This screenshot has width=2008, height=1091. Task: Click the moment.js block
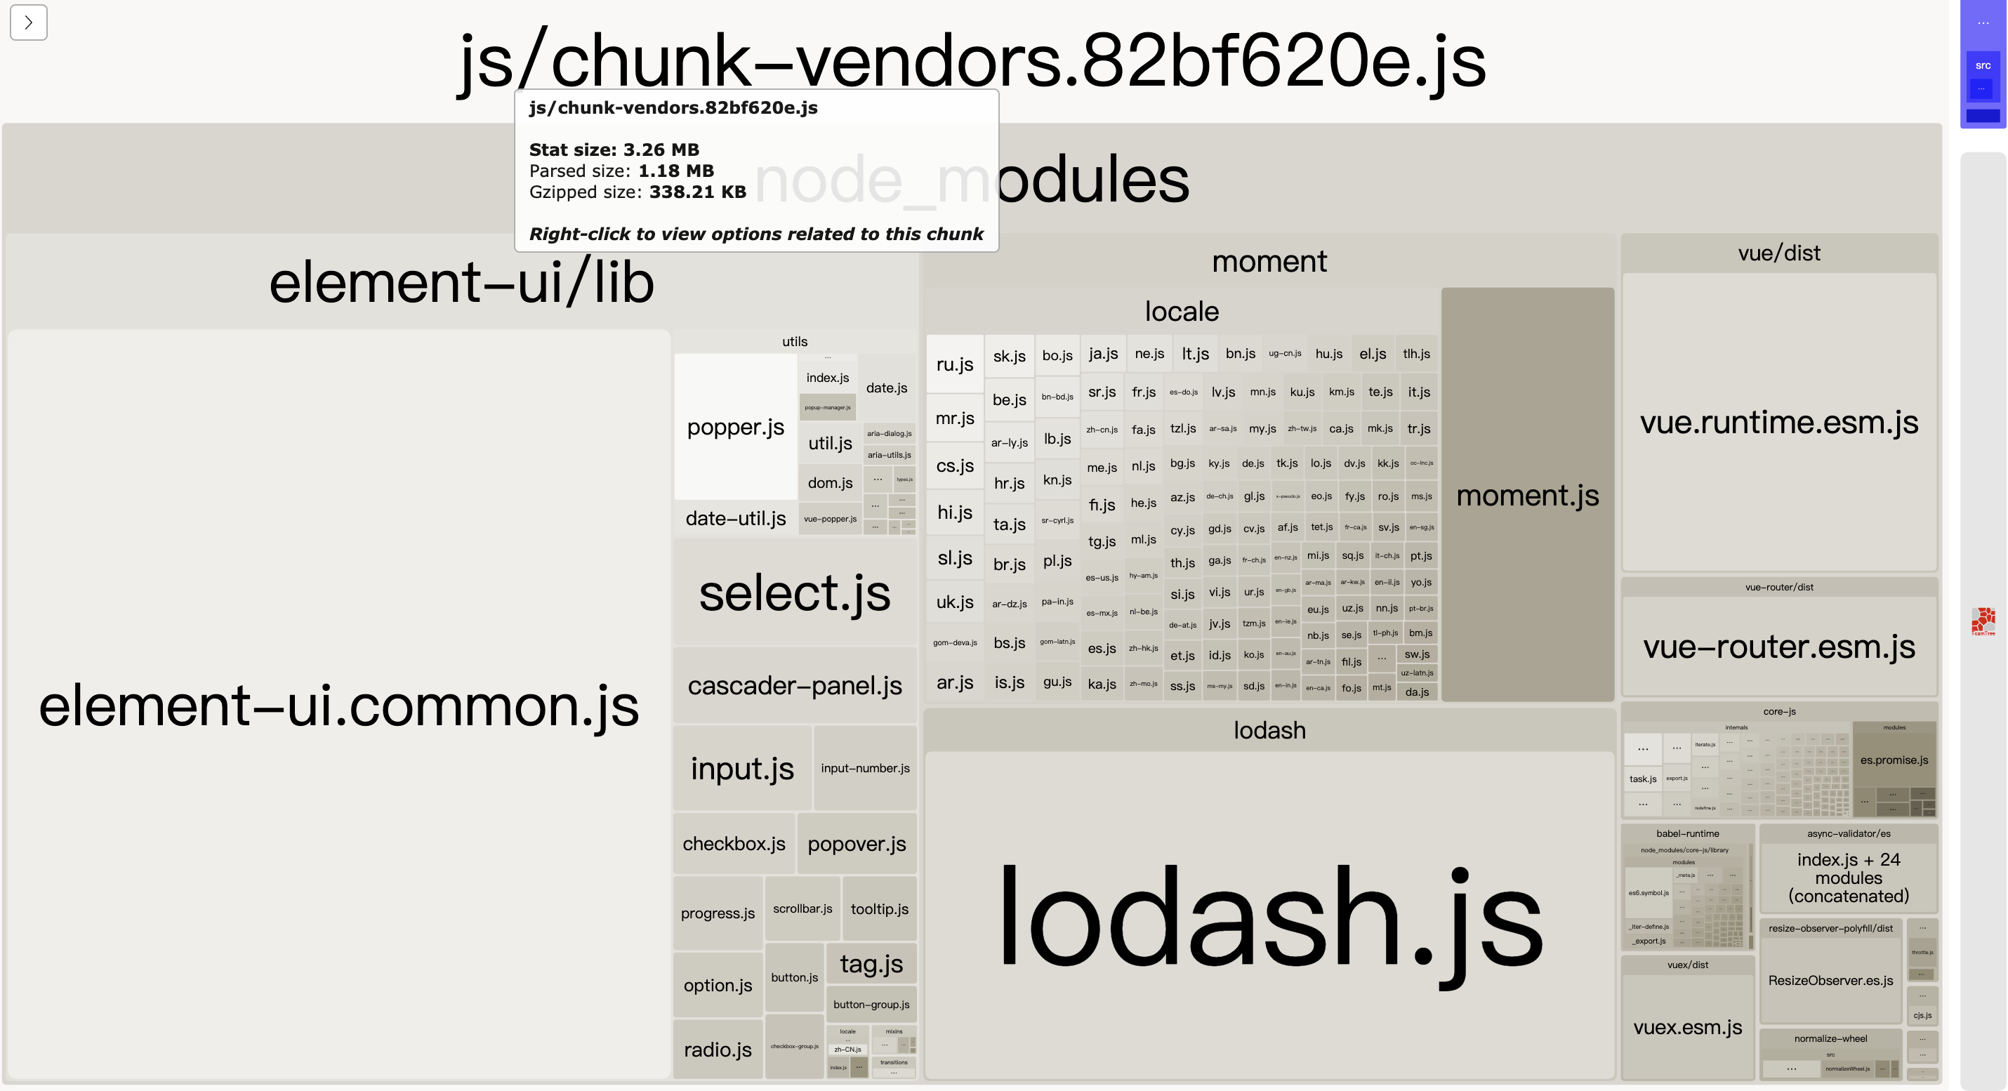[1527, 495]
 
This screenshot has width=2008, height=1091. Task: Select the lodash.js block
[1269, 920]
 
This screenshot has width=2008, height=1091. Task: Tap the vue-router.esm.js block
[1779, 647]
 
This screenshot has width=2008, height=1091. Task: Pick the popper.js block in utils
[735, 427]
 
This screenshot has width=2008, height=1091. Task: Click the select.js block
[794, 593]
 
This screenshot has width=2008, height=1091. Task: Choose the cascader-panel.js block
[794, 686]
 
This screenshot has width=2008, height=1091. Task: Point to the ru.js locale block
[954, 364]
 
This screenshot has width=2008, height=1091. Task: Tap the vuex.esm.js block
[1687, 1027]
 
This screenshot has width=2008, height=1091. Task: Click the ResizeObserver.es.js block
[1830, 980]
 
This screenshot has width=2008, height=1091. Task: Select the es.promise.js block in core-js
[1894, 760]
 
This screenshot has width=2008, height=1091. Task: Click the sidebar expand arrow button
[29, 22]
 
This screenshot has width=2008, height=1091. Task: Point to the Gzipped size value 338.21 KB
[697, 192]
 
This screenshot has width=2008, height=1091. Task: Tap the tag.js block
[871, 964]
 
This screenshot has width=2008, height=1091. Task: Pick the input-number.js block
[864, 768]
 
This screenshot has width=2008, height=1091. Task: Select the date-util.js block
[735, 518]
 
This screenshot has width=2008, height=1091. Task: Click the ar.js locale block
[954, 682]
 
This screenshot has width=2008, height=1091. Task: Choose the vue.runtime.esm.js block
[1779, 423]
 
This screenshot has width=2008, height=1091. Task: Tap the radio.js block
[717, 1050]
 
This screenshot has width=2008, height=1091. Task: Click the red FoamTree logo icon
[1982, 621]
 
